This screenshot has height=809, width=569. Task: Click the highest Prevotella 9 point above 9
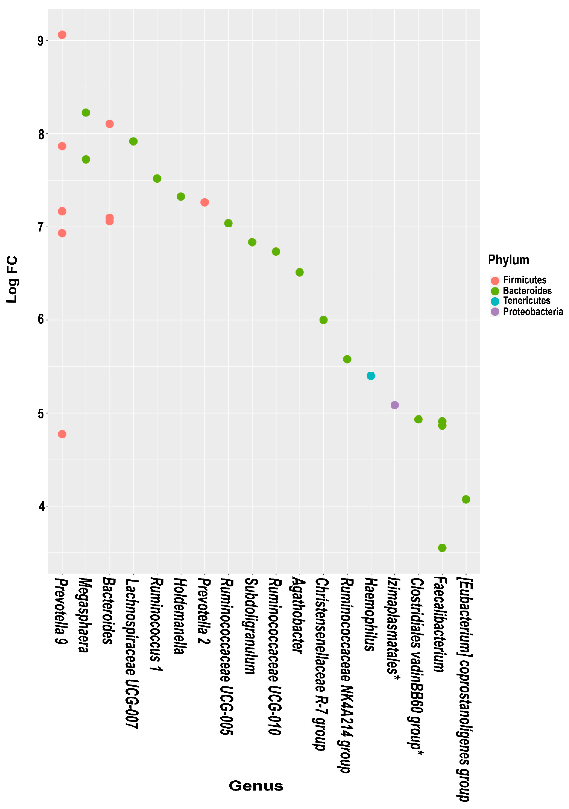coord(62,34)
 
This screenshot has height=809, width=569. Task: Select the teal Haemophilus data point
coord(371,376)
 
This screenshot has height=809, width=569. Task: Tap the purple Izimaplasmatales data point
coord(395,405)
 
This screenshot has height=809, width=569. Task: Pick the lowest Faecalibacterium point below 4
coord(442,548)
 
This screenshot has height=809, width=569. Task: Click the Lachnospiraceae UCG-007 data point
coord(133,141)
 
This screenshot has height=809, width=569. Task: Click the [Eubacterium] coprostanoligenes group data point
coord(466,499)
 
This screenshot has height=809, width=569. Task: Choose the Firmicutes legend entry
coord(524,280)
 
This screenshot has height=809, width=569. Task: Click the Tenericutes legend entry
coord(526,301)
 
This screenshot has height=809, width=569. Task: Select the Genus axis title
coord(256,786)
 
